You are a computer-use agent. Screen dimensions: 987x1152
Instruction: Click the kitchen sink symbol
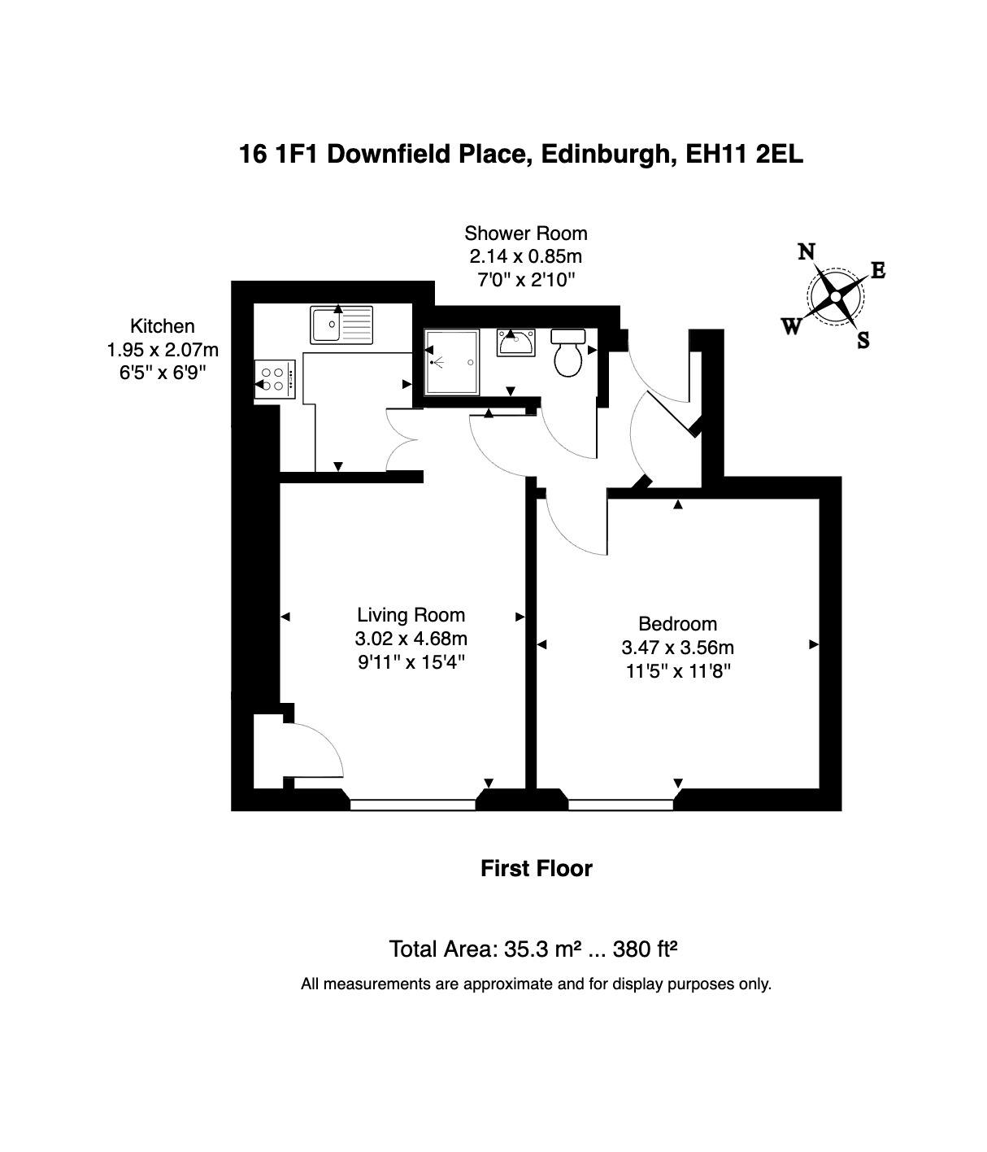(x=341, y=325)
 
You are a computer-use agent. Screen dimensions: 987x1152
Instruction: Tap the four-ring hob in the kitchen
(x=275, y=380)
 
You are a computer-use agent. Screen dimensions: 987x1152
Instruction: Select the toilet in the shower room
(x=568, y=353)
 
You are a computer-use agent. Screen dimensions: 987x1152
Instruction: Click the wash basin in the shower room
(x=515, y=343)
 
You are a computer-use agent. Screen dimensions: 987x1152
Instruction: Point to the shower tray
(x=451, y=362)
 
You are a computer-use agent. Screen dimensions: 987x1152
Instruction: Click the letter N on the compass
(x=807, y=252)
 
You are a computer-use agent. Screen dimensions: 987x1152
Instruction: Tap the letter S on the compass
(x=863, y=339)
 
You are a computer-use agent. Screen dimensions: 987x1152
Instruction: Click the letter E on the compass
(x=878, y=271)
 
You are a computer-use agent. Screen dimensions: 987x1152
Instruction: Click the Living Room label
(x=411, y=615)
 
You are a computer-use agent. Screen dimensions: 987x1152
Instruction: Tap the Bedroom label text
(x=677, y=624)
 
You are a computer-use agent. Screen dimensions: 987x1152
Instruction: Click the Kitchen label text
(x=163, y=326)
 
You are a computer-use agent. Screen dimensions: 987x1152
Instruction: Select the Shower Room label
(x=526, y=233)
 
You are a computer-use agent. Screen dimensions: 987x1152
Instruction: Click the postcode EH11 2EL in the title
(x=744, y=154)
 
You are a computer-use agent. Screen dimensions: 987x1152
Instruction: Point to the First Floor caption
(x=537, y=868)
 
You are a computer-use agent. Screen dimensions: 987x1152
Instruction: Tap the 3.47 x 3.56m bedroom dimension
(x=677, y=648)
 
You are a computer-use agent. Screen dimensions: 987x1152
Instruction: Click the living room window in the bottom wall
(x=413, y=805)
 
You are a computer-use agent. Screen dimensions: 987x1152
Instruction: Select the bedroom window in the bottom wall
(x=620, y=805)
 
